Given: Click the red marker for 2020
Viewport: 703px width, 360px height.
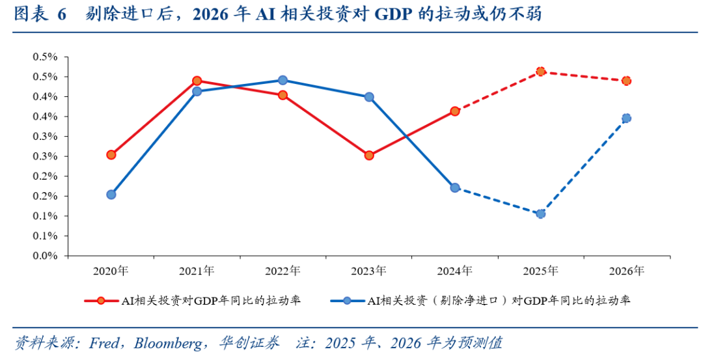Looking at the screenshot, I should [x=111, y=155].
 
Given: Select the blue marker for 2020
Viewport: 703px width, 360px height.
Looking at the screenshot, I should [x=111, y=195].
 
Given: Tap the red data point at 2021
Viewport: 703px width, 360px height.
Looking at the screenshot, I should [x=197, y=81].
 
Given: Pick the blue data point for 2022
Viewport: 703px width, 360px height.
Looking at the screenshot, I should [x=283, y=80].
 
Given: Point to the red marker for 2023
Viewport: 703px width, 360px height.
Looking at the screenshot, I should [x=369, y=156].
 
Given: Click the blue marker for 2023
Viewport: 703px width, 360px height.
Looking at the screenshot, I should [x=369, y=97].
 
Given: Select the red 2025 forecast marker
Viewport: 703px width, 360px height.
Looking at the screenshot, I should [x=540, y=71].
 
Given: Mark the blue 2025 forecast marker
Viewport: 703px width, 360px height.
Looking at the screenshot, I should [x=540, y=214].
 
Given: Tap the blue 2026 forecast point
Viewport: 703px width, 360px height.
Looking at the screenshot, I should [x=626, y=118].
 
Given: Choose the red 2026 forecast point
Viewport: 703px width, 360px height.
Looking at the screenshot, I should [x=626, y=81].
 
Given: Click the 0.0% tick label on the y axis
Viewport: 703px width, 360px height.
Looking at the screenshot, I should [x=46, y=256].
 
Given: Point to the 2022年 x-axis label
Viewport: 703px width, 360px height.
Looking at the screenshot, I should [x=283, y=270].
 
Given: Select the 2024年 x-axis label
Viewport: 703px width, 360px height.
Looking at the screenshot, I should [x=455, y=270].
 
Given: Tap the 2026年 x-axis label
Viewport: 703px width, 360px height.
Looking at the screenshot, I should [x=627, y=270].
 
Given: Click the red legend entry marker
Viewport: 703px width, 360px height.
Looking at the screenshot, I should [x=101, y=301].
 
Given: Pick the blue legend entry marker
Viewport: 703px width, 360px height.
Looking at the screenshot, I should [x=347, y=301].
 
